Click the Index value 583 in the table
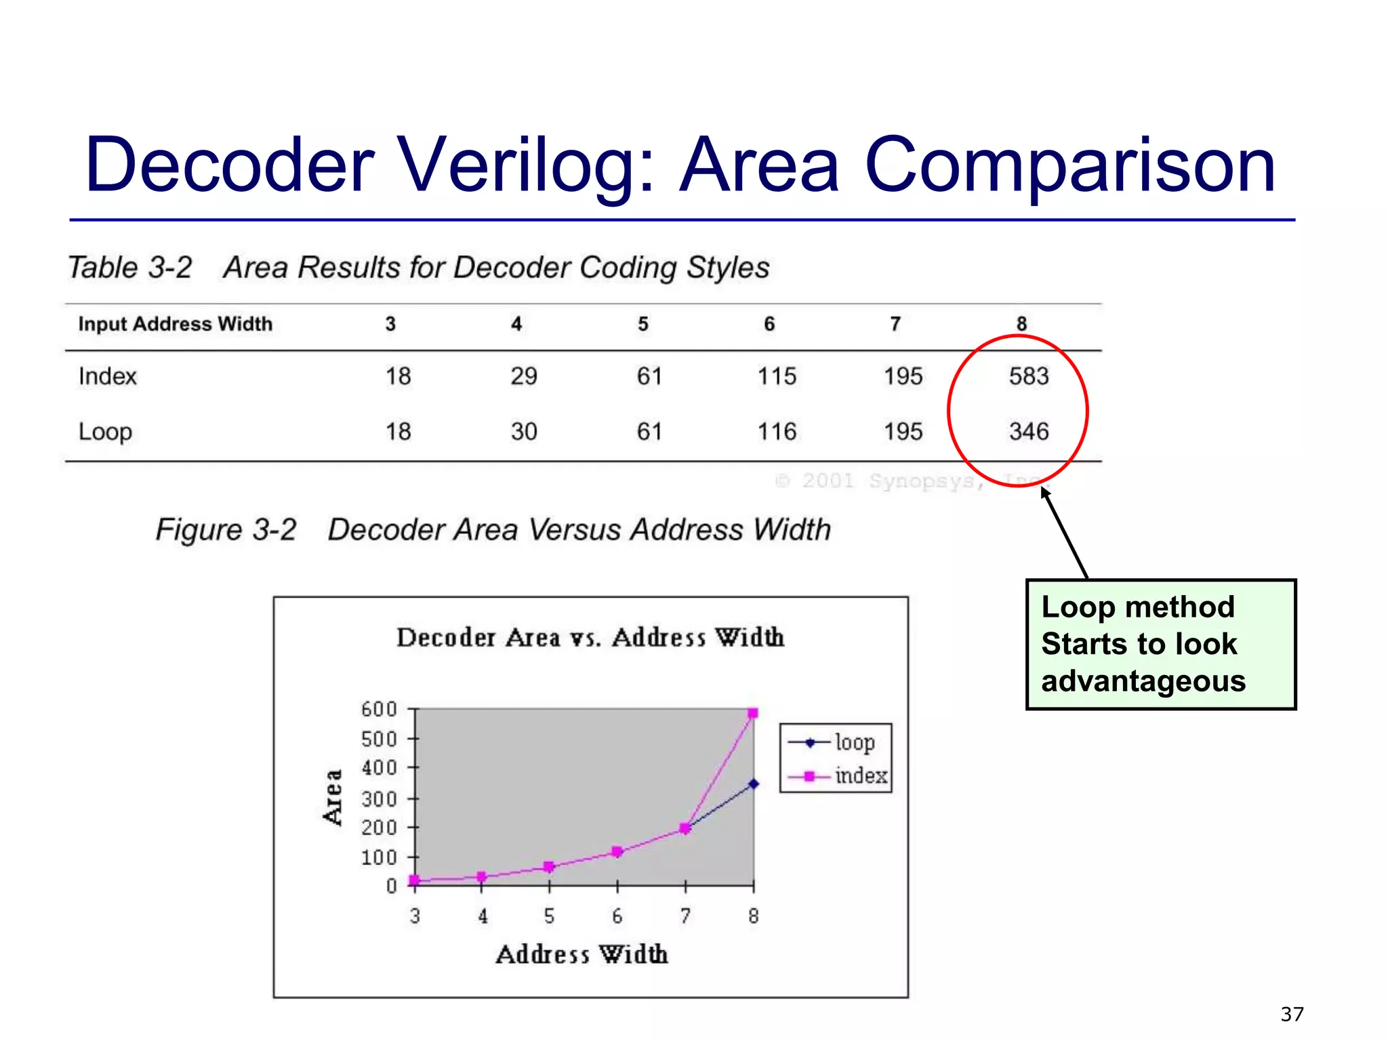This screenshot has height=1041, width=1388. coord(1028,376)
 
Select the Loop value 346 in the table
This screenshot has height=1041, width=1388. coord(1028,432)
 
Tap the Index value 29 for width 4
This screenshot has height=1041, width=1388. coord(523,376)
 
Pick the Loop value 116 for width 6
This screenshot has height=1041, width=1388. coord(777,432)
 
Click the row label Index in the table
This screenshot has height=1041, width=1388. coord(107,376)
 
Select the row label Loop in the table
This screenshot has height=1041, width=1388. coord(105,432)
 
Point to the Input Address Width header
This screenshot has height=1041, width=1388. coord(175,324)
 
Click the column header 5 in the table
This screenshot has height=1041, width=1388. coord(642,324)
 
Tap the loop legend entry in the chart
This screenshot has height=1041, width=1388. coord(854,743)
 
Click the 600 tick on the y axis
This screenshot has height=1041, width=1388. coord(379,710)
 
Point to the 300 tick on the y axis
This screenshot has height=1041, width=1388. coord(379,799)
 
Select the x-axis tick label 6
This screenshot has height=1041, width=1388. coord(617,916)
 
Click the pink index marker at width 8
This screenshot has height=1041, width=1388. coord(752,713)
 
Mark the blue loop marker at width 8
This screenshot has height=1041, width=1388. coord(753,784)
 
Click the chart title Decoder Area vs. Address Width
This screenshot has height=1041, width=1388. coord(590,638)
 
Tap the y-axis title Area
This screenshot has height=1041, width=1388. coord(332,798)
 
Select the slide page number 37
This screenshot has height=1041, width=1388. coord(1292,1015)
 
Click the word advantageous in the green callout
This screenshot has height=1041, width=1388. coord(1143,681)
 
